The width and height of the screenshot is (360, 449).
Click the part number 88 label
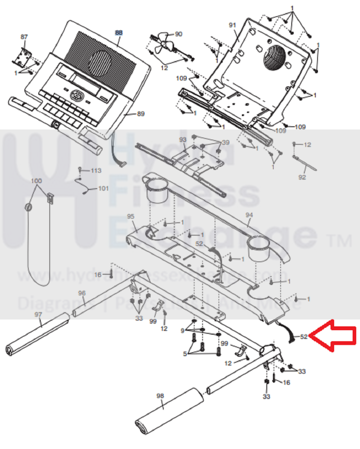[x=119, y=33]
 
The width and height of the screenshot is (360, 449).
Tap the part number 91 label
[x=232, y=25]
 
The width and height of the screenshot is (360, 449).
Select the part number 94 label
[x=249, y=215]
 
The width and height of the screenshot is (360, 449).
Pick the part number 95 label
[x=131, y=217]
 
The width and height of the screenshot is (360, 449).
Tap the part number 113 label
[x=96, y=170]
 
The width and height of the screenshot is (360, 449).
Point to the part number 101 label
[x=103, y=188]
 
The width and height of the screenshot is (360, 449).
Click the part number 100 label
[x=36, y=181]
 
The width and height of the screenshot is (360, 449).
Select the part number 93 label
[x=183, y=140]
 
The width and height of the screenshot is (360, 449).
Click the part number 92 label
[x=302, y=177]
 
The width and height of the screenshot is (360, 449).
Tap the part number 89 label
[x=141, y=114]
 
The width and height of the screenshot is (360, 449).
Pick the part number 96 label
[x=82, y=293]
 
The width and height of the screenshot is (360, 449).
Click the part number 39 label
[x=226, y=142]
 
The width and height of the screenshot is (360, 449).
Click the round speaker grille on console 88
[x=101, y=62]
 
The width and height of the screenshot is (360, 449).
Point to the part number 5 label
[x=185, y=354]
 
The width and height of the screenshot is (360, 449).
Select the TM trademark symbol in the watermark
[x=341, y=241]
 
